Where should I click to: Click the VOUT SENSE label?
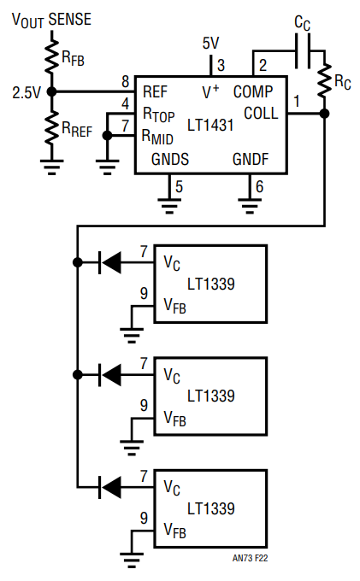point(51,20)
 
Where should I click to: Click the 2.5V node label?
point(26,92)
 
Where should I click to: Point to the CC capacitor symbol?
point(303,51)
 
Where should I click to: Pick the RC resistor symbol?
point(324,81)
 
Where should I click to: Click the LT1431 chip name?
point(210,126)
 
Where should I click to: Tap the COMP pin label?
point(253,91)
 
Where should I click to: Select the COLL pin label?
point(261,114)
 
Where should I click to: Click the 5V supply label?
point(210,44)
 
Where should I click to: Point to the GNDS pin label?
point(170,159)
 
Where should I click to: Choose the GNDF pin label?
point(251,159)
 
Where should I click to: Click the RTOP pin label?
point(158,114)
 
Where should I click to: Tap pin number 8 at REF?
point(126,81)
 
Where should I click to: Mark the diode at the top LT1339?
point(110,262)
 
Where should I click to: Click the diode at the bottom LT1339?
point(110,487)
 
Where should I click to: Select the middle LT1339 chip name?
point(210,396)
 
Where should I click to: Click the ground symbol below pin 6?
point(250,206)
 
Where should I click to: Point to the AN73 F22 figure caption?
point(250,558)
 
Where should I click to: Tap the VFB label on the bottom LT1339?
point(174,531)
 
